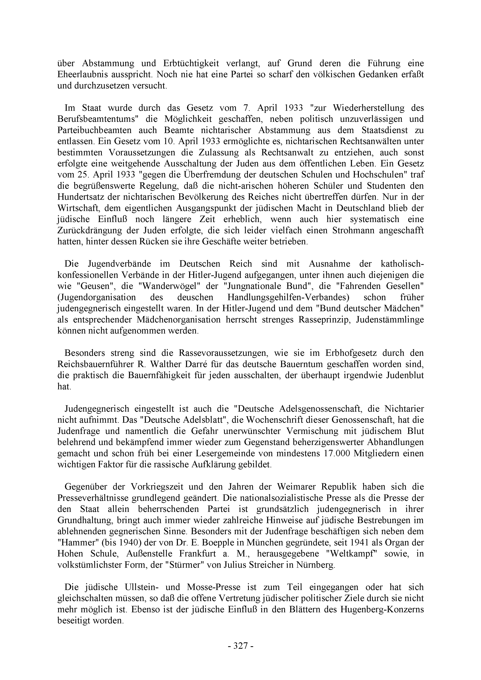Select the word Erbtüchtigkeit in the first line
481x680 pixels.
(191, 63)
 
